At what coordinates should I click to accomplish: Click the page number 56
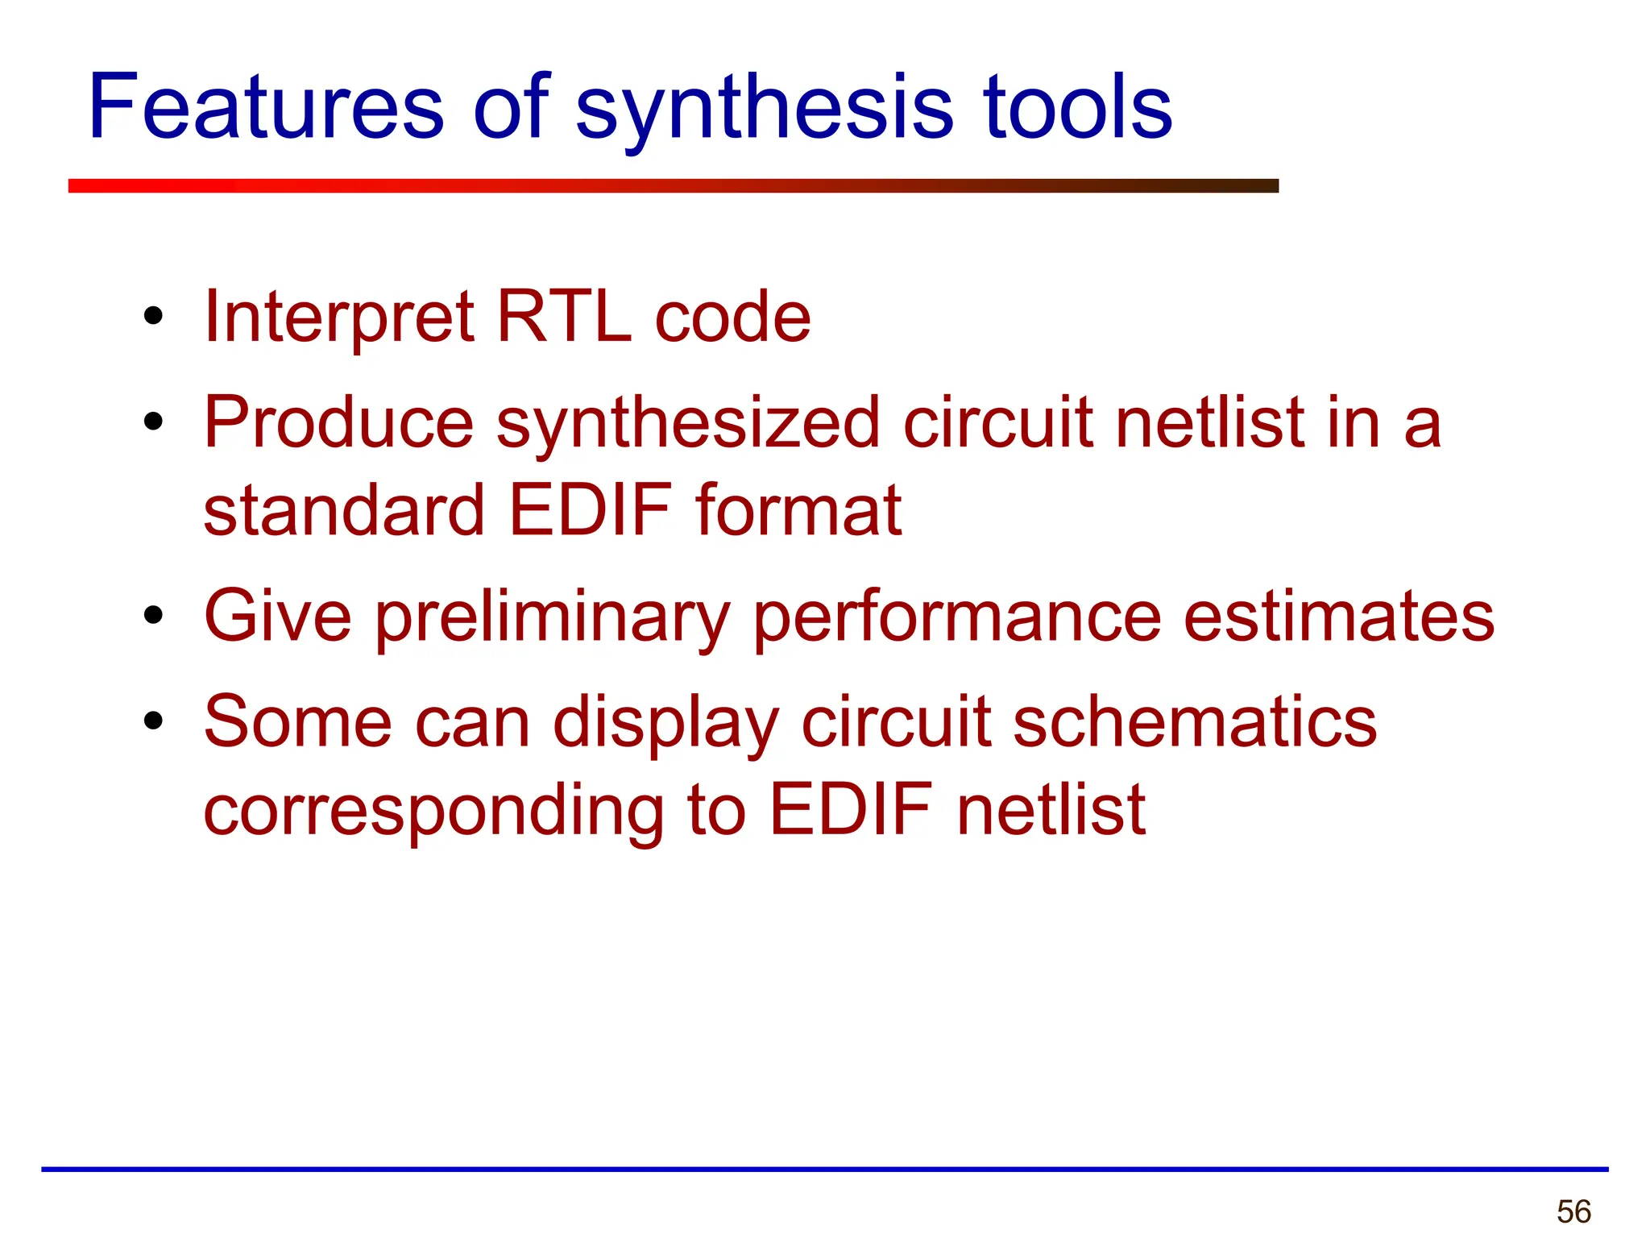pos(1573,1211)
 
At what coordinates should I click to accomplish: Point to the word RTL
pos(564,317)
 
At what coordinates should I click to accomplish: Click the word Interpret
pos(339,317)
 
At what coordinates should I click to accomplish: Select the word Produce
pos(339,422)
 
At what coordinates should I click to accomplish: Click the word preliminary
pos(553,617)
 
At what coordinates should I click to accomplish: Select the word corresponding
pos(434,810)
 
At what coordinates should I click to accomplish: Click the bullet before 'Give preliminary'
pos(153,617)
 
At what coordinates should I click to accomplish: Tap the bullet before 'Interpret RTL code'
pos(153,317)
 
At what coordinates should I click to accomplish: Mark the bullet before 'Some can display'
pos(153,721)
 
